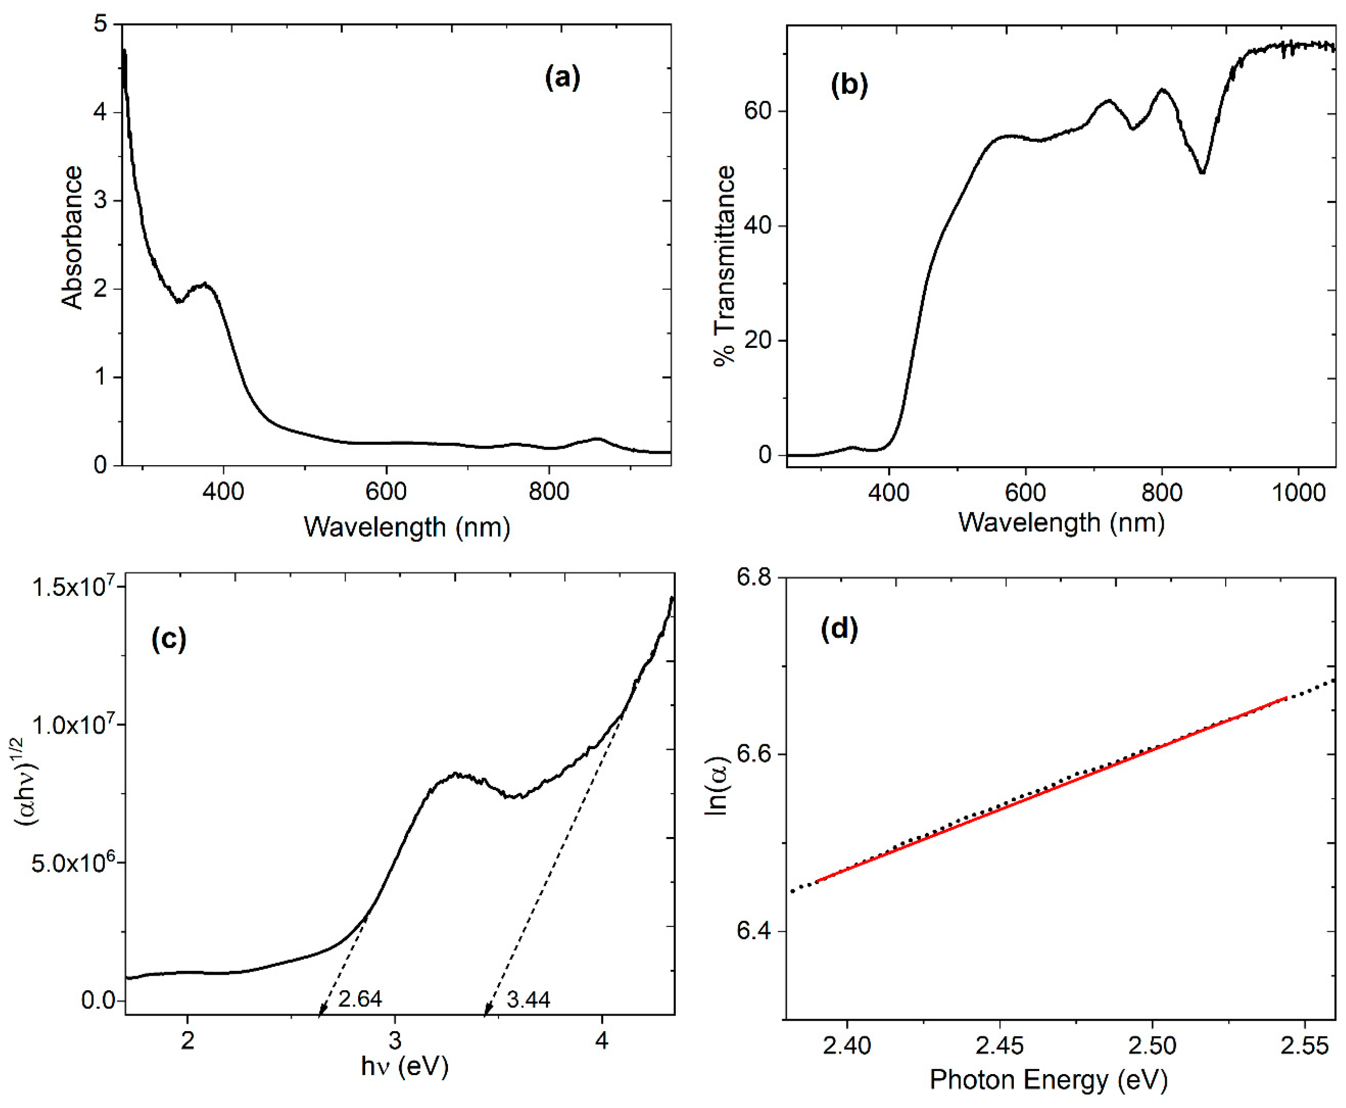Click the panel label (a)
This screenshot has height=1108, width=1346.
(x=562, y=78)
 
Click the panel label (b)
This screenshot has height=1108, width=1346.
(x=849, y=84)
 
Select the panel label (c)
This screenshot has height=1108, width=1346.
(x=169, y=639)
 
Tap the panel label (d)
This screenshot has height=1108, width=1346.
(x=839, y=629)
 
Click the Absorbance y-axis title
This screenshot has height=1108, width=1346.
(x=72, y=238)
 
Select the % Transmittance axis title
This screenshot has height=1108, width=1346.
(x=725, y=265)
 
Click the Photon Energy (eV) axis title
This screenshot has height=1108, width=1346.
(x=1048, y=1079)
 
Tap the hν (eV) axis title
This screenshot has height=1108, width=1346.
(x=405, y=1065)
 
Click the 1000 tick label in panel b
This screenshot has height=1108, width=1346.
(x=1298, y=493)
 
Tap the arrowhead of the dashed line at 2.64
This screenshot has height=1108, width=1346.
(x=321, y=1011)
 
